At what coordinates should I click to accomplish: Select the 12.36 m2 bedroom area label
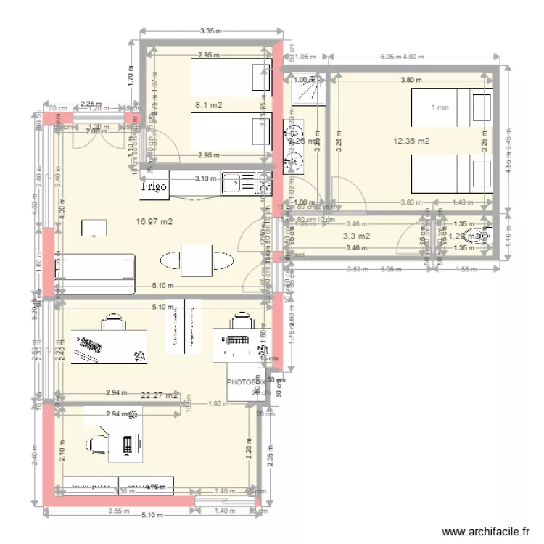pos(411,141)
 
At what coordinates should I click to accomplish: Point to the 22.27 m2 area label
pos(160,395)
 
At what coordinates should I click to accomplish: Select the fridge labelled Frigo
pos(154,186)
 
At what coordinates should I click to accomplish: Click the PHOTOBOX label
pos(246,382)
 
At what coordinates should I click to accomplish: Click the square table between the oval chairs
pos(197,261)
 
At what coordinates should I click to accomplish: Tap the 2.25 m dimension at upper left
pos(90,104)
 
